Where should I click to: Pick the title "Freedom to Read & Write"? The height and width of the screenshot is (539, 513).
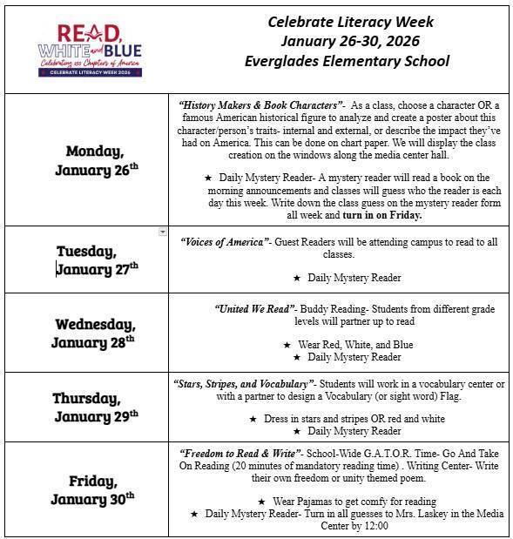[x=240, y=454]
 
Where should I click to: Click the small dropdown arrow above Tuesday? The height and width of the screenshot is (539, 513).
[x=163, y=232]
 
